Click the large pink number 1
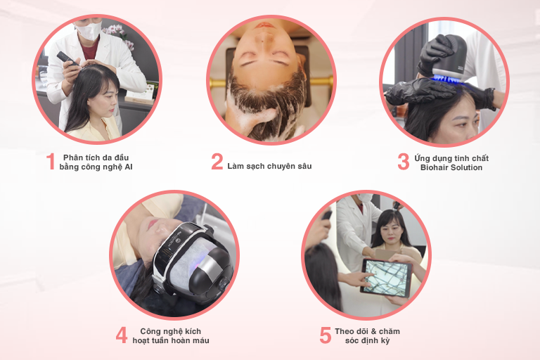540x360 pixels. (x=51, y=162)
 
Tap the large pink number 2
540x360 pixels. (x=217, y=162)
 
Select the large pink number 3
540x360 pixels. (x=404, y=162)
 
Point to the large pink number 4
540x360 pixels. (x=122, y=335)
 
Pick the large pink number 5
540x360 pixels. (x=326, y=335)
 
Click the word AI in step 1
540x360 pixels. (x=129, y=167)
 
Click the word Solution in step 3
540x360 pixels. (x=467, y=167)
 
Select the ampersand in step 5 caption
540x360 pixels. (x=373, y=331)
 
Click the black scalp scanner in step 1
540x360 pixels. (x=68, y=58)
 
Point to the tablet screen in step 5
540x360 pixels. (x=387, y=278)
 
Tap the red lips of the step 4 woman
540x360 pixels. (x=152, y=224)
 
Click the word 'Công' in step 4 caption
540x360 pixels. (x=150, y=331)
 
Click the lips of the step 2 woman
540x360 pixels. (x=265, y=25)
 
